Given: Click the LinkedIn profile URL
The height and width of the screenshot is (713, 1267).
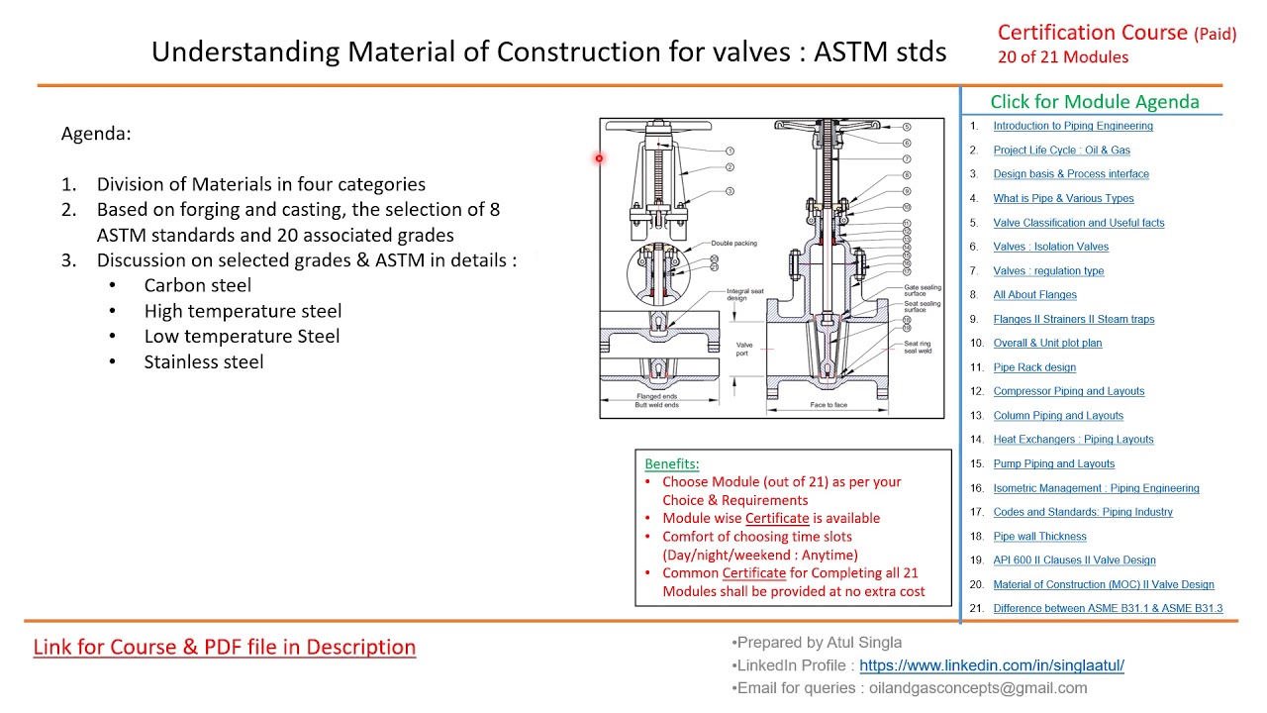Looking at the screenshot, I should [x=991, y=665].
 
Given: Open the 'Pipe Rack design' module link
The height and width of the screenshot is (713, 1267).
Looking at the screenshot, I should [x=1034, y=367].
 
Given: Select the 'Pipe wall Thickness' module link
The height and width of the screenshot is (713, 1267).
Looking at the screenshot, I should [x=1039, y=536].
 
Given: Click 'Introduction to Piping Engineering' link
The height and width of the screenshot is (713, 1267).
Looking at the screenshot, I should [x=1073, y=126].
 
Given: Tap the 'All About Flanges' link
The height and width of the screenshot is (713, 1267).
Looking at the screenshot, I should [x=1034, y=294].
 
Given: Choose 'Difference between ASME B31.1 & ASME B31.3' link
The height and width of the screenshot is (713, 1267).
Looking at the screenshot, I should [x=1108, y=608].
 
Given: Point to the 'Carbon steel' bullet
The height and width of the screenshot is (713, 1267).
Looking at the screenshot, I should [x=197, y=285].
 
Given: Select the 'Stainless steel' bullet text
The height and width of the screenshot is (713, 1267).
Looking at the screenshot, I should [x=203, y=361].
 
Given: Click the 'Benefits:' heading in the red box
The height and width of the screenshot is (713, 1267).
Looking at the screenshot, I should [x=671, y=463].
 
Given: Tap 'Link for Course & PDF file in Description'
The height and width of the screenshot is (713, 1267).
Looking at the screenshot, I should [x=225, y=647].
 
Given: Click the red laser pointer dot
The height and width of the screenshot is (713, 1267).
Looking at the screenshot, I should [x=599, y=158].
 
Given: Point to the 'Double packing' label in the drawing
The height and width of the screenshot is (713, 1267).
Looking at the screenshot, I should [x=733, y=243].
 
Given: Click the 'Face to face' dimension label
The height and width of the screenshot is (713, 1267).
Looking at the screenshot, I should [x=828, y=405].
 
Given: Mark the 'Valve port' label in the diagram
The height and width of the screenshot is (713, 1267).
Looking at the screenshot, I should [x=743, y=349].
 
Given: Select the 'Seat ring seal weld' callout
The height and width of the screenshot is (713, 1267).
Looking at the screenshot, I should [x=918, y=347].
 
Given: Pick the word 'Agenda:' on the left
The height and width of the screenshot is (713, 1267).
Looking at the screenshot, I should [x=96, y=134].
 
